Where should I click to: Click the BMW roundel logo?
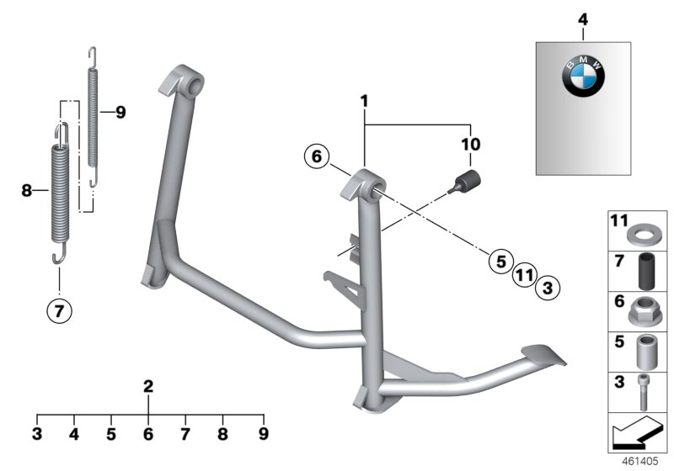pos(583,76)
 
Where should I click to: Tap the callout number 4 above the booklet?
pos(583,19)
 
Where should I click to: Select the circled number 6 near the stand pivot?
pos(317,156)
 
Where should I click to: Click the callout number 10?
pos(471,145)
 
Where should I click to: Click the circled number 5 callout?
pos(501,262)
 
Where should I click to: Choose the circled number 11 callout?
pos(524,274)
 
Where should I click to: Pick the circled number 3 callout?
pos(548,288)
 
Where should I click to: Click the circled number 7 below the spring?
pos(59,310)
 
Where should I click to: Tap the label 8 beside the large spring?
pos(27,190)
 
